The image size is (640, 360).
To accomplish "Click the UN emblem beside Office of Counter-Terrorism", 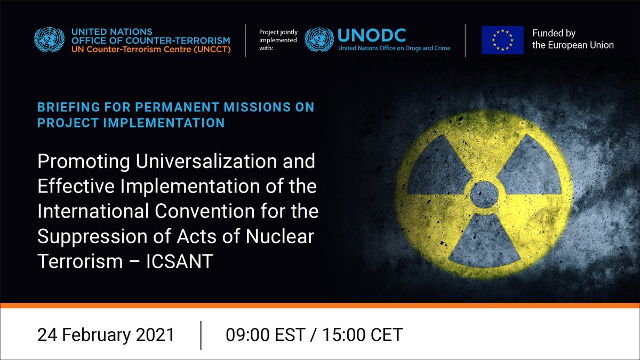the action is pyautogui.click(x=49, y=39).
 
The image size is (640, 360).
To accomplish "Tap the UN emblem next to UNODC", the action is pyautogui.click(x=319, y=39).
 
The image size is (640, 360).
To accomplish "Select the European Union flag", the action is pyautogui.click(x=502, y=40).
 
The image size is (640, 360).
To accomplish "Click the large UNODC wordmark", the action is pyautogui.click(x=371, y=35).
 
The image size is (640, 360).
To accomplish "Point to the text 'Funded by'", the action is pyautogui.click(x=554, y=33).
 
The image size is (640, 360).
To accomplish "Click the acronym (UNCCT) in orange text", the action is pyautogui.click(x=212, y=50).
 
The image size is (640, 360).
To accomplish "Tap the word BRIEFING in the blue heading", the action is pyautogui.click(x=69, y=107).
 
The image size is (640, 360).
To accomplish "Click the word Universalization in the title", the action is pyautogui.click(x=206, y=161).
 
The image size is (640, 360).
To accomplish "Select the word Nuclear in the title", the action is pyautogui.click(x=279, y=236).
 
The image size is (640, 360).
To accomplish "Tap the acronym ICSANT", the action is pyautogui.click(x=179, y=261).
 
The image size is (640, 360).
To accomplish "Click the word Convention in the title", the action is pyautogui.click(x=205, y=211).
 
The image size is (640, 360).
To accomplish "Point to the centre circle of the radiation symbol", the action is pyautogui.click(x=484, y=195).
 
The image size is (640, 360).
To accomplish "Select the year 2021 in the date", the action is pyautogui.click(x=155, y=335).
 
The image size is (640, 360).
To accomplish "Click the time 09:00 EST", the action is pyautogui.click(x=266, y=335).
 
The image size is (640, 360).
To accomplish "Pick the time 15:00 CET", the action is pyautogui.click(x=363, y=335).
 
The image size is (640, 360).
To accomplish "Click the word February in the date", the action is pyautogui.click(x=97, y=335).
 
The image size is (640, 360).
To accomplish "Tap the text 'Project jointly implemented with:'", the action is pyautogui.click(x=278, y=40).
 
